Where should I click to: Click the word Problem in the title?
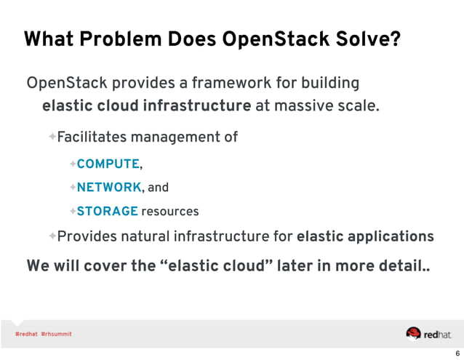pyautogui.click(x=111, y=39)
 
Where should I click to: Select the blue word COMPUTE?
pyautogui.click(x=108, y=164)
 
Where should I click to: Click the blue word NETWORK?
pyautogui.click(x=110, y=188)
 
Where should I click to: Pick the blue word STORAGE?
pyautogui.click(x=107, y=212)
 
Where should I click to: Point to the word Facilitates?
pyautogui.click(x=92, y=137)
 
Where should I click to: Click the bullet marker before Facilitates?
pyautogui.click(x=52, y=137)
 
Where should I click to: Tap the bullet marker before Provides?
pyautogui.click(x=52, y=236)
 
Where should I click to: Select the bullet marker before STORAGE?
pyautogui.click(x=73, y=212)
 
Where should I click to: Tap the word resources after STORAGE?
pyautogui.click(x=170, y=212)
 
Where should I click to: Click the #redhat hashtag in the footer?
pyautogui.click(x=26, y=334)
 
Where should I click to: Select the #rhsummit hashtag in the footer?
pyautogui.click(x=57, y=334)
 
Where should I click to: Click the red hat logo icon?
pyautogui.click(x=414, y=333)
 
